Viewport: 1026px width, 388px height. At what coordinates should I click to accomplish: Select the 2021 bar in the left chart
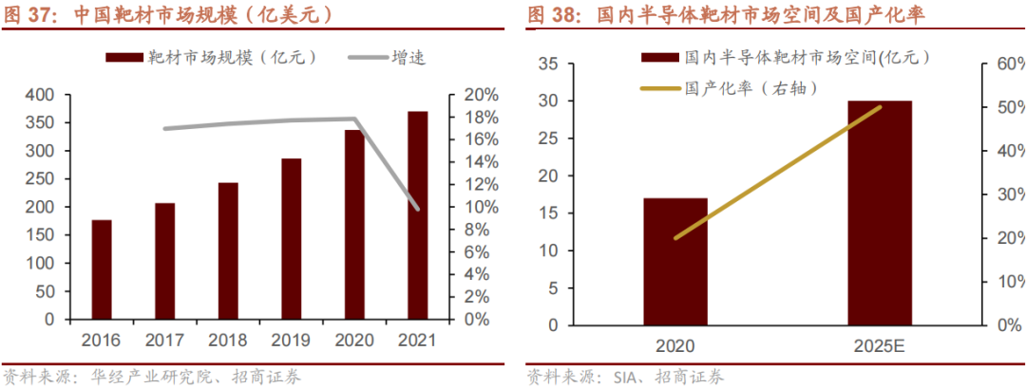(417, 215)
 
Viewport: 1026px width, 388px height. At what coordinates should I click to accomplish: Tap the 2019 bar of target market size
(291, 239)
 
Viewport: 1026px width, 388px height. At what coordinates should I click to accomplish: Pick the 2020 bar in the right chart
(674, 261)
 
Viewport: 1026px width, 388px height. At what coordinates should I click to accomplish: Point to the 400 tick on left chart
(43, 95)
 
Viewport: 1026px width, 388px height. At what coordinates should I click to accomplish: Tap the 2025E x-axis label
(880, 347)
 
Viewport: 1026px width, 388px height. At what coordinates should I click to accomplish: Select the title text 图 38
(555, 15)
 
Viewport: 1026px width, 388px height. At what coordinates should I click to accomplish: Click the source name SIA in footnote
(617, 377)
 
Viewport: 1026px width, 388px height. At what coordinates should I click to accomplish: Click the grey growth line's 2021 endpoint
(417, 209)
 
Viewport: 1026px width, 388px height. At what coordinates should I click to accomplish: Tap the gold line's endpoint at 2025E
(880, 107)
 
